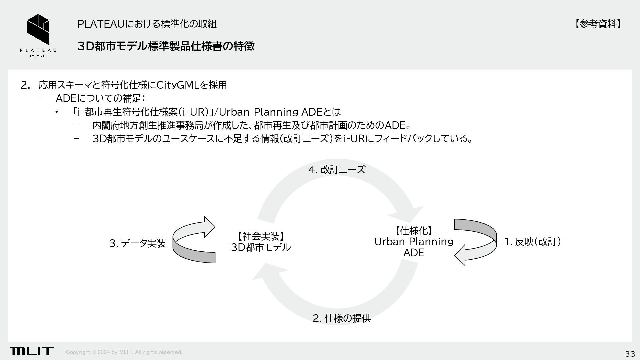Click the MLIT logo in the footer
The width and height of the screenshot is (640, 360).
pyautogui.click(x=32, y=351)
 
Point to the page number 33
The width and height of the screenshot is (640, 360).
pyautogui.click(x=630, y=354)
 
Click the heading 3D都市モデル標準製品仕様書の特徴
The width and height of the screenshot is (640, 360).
pyautogui.click(x=166, y=46)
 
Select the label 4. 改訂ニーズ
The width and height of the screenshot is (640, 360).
pyautogui.click(x=337, y=170)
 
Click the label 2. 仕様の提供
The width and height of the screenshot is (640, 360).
pyautogui.click(x=342, y=318)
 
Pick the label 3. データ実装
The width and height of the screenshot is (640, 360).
pyautogui.click(x=137, y=243)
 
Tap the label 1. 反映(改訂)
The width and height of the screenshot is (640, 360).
pyautogui.click(x=532, y=242)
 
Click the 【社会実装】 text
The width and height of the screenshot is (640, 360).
pyautogui.click(x=261, y=236)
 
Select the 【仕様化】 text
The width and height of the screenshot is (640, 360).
pyautogui.click(x=414, y=231)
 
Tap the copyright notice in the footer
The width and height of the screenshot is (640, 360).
pyautogui.click(x=124, y=352)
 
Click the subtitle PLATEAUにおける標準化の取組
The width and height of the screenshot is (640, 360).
pyautogui.click(x=147, y=24)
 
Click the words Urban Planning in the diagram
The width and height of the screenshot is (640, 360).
pyautogui.click(x=414, y=242)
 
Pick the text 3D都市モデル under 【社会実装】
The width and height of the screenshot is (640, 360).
pyautogui.click(x=261, y=247)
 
